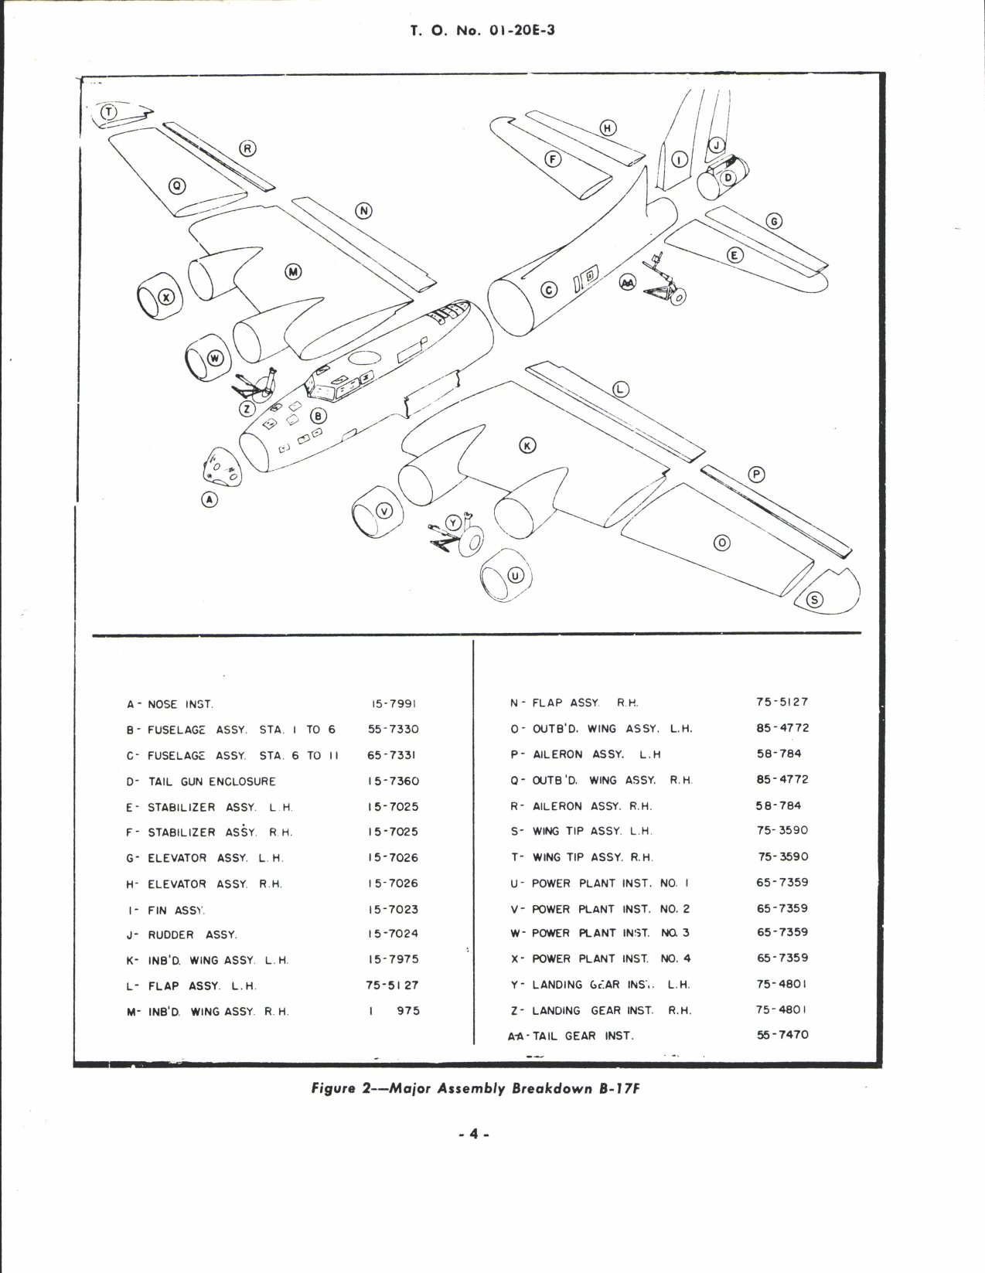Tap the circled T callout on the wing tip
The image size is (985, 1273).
pos(109,112)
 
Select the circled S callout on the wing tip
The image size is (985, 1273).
pos(816,601)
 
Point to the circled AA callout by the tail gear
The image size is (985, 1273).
pos(628,284)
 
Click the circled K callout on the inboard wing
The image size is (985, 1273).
pos(527,446)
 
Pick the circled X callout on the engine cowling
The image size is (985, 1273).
pos(166,297)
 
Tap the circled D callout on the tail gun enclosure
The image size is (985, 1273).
pos(728,178)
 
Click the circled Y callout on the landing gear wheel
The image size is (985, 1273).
pos(454,523)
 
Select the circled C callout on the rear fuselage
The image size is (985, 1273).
pos(548,291)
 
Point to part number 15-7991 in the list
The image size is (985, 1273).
pos(394,704)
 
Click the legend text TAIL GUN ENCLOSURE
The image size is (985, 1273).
pos(211,781)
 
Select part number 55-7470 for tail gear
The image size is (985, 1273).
pos(782,1034)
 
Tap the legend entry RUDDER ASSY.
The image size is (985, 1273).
pos(192,934)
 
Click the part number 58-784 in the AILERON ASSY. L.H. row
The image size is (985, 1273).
pos(779,754)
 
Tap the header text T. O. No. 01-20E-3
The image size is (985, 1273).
pos(482,32)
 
